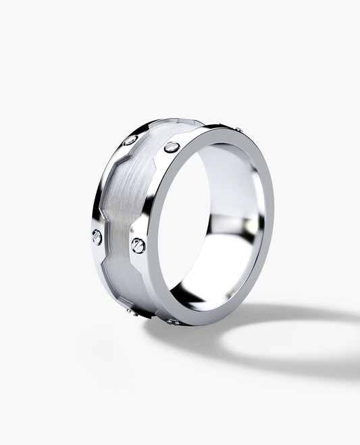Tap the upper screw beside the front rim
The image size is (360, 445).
pos(172,147)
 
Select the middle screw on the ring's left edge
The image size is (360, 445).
pos(97,236)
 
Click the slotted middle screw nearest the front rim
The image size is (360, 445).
pos(138,246)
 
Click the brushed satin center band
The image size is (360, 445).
pos(128,203)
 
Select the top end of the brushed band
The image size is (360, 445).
pos(179,123)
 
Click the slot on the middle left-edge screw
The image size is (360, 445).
pos(97,236)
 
